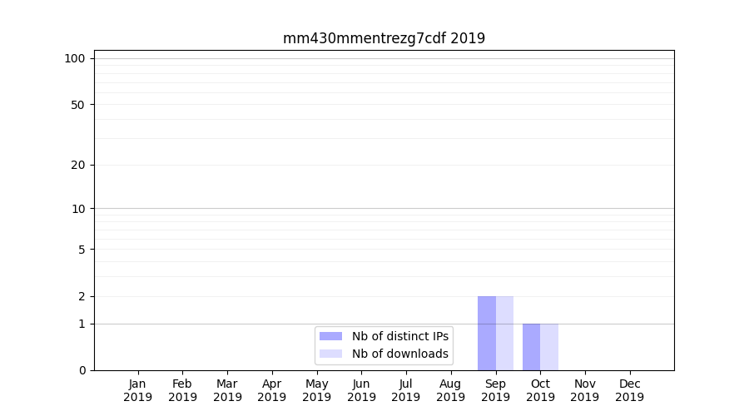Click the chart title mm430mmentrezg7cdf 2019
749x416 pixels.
pyautogui.click(x=384, y=38)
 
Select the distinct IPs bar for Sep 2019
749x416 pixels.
pyautogui.click(x=487, y=333)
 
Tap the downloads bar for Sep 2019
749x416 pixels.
pyautogui.click(x=504, y=333)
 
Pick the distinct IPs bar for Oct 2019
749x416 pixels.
pyautogui.click(x=531, y=347)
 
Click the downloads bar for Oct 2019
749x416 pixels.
pyautogui.click(x=549, y=347)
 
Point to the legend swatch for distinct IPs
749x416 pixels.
pyautogui.click(x=330, y=336)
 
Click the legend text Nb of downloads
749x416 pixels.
pyautogui.click(x=399, y=354)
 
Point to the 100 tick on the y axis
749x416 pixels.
pyautogui.click(x=75, y=58)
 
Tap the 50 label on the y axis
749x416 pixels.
pyautogui.click(x=78, y=105)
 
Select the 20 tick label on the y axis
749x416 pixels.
pyautogui.click(x=78, y=165)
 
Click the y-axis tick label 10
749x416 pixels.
pyautogui.click(x=78, y=209)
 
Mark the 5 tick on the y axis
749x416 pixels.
pyautogui.click(x=82, y=250)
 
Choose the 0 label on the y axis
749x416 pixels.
pyautogui.click(x=82, y=370)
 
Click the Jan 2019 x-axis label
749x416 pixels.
pyautogui.click(x=138, y=390)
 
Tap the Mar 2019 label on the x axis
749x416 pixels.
pyautogui.click(x=227, y=390)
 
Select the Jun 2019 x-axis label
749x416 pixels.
pyautogui.click(x=361, y=390)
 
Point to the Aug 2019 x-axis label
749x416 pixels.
pyautogui.click(x=450, y=390)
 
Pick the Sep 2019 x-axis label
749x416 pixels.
pyautogui.click(x=495, y=390)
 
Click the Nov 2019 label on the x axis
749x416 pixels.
pyautogui.click(x=584, y=390)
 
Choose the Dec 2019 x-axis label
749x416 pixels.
pyautogui.click(x=629, y=390)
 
